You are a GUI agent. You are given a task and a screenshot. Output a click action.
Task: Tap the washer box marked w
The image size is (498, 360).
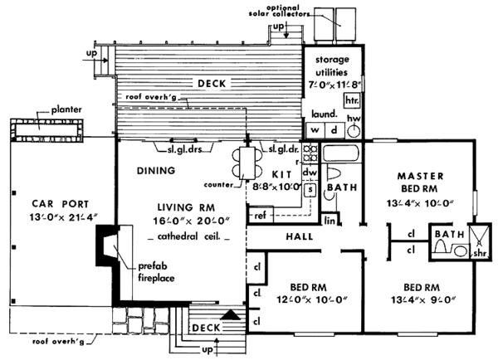coord(315,130)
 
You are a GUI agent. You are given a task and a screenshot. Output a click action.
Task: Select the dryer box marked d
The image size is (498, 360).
coord(334,130)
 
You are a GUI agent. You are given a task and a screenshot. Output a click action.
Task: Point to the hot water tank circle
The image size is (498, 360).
coord(354,129)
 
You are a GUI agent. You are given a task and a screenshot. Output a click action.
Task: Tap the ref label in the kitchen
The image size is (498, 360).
coord(260,216)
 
